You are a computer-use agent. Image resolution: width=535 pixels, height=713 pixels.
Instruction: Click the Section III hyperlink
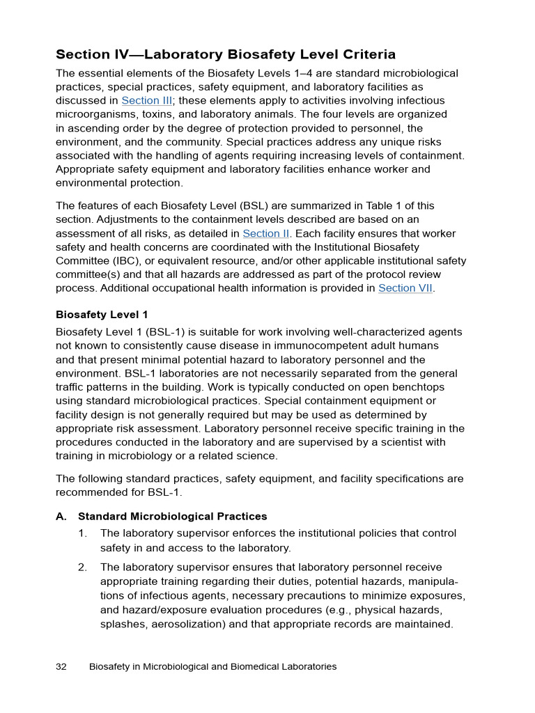146,101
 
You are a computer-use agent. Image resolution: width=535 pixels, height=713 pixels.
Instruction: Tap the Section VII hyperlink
405,288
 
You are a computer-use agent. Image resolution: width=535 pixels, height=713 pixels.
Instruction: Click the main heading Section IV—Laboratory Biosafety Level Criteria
226,54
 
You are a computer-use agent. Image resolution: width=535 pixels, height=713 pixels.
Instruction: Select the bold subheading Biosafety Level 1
102,315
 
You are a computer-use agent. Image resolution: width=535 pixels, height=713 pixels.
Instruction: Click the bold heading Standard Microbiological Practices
172,517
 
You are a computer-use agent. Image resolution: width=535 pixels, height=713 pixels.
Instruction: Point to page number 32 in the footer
61,666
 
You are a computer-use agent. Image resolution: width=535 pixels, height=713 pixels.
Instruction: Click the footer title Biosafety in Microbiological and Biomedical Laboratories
212,666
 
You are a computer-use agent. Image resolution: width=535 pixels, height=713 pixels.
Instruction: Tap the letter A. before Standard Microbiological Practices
61,517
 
